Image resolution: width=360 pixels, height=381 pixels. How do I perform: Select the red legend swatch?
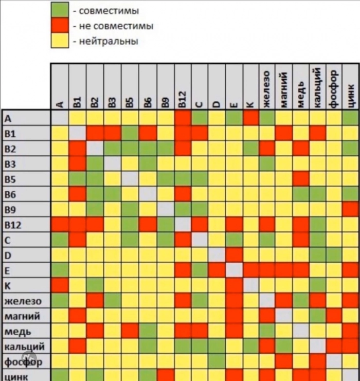[60, 25]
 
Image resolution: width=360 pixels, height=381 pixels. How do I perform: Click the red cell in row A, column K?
[250, 118]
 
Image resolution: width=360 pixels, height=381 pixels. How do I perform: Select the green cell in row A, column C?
[200, 118]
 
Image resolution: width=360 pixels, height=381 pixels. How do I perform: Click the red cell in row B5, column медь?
[301, 179]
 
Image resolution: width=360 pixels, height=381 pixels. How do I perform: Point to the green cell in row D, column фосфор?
[334, 255]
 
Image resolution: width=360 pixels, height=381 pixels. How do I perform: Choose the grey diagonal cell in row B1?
[78, 133]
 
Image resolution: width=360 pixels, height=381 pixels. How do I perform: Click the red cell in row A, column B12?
[183, 118]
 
